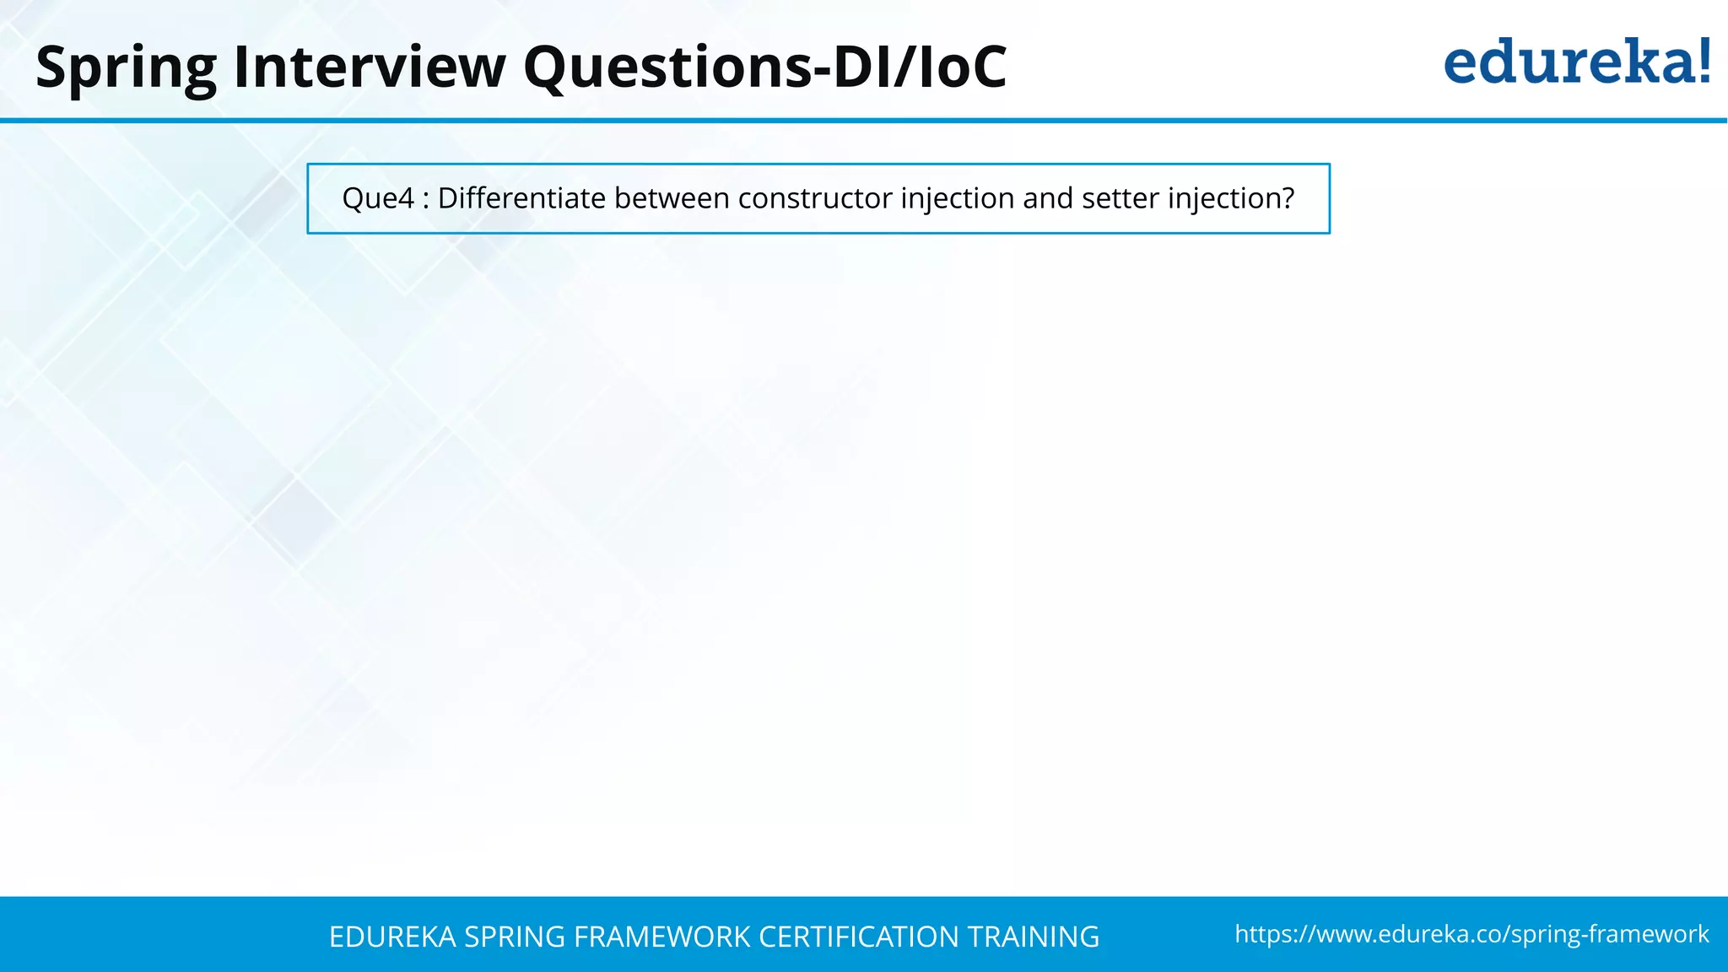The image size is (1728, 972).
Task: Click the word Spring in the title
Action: pos(126,67)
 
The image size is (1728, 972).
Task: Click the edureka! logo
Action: pos(1576,62)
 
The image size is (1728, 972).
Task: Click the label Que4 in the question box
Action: pos(378,199)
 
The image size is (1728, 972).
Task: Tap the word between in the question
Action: pos(672,198)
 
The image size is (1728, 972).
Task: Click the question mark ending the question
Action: pos(1287,198)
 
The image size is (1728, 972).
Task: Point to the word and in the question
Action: pos(1048,198)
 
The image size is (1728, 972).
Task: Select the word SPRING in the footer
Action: pos(514,937)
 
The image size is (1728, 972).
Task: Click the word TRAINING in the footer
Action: pos(1033,937)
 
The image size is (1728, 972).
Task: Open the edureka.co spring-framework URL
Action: pos(1471,934)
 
